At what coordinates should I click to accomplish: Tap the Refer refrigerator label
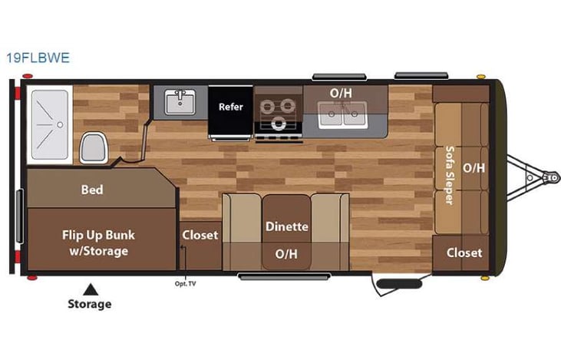point(231,107)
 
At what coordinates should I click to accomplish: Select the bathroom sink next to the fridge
point(181,102)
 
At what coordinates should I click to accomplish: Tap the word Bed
point(92,190)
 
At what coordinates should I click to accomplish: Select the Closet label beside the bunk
point(200,235)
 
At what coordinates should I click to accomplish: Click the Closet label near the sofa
point(464,252)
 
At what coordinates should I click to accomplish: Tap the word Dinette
point(287,226)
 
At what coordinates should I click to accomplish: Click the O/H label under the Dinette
point(287,253)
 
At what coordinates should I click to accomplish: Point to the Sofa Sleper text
point(450,176)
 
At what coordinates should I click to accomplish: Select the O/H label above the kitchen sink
point(341,92)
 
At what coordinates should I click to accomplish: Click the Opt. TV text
point(186,283)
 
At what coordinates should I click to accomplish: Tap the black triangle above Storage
point(91,289)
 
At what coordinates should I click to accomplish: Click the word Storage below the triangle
point(89,304)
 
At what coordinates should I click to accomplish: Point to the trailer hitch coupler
point(548,177)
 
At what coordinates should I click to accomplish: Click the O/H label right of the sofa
point(474,167)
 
